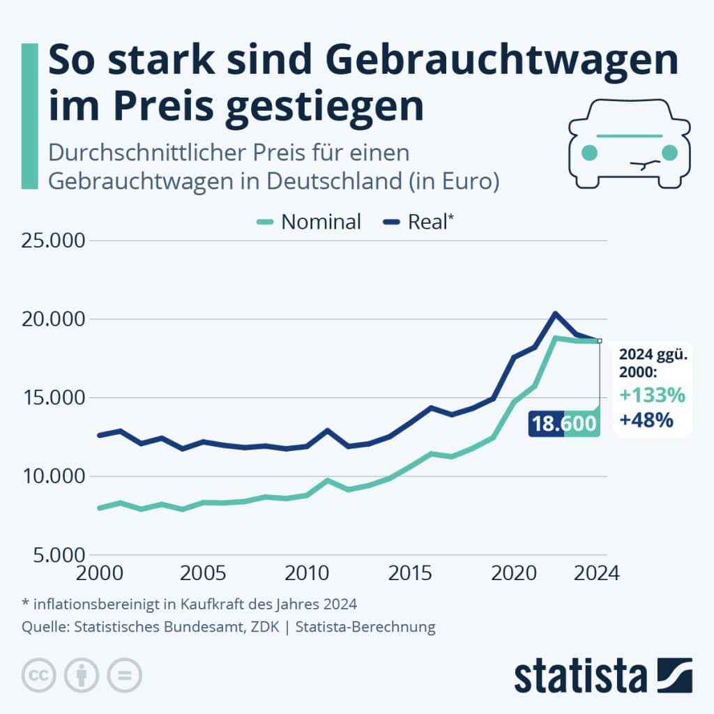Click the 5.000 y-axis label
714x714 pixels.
(x=54, y=556)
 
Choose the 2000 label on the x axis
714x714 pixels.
(x=97, y=573)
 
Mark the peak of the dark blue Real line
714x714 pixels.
(x=555, y=313)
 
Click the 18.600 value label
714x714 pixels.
(x=564, y=423)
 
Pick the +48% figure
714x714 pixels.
(x=646, y=420)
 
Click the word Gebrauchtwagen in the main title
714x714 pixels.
(x=501, y=61)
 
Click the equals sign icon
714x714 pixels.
(x=124, y=675)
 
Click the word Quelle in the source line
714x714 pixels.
(x=43, y=627)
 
